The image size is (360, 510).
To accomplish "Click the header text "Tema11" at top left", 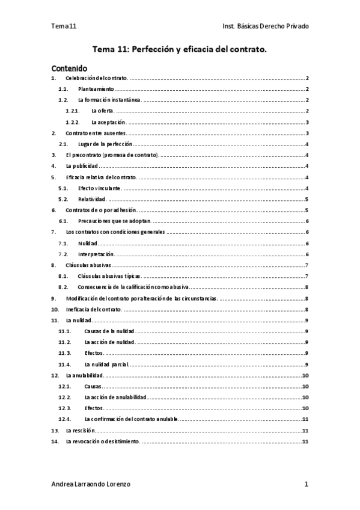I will (x=64, y=26).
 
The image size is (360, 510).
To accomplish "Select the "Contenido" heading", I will (x=69, y=69).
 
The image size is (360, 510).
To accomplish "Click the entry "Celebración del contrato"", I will (x=97, y=79).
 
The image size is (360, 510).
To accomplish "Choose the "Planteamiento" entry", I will (x=96, y=89).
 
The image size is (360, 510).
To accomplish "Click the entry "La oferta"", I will (x=102, y=111).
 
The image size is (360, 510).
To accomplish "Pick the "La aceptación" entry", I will (x=108, y=121).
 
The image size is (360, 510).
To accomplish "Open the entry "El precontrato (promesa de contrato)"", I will (x=112, y=155).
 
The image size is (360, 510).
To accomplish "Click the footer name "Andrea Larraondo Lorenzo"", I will (x=90, y=484).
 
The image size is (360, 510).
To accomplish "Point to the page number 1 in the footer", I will (x=307, y=484).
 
